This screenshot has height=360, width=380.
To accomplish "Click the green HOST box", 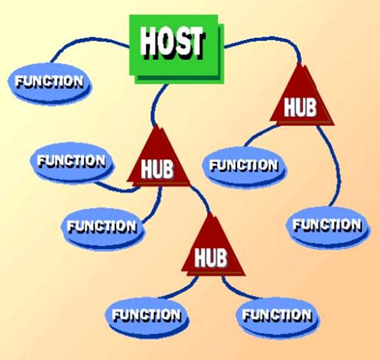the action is click(x=177, y=49).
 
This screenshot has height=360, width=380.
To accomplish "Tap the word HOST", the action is click(x=172, y=43).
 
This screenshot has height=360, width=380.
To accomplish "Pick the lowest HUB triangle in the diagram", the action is click(x=213, y=250).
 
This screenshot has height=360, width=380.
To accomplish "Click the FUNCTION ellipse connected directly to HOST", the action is click(x=50, y=83).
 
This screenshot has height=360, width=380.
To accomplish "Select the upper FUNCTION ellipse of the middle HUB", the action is click(x=72, y=162).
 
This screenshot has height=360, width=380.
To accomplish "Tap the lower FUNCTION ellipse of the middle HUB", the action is click(x=102, y=227).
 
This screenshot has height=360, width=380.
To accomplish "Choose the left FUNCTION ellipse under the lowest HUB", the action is click(x=147, y=316).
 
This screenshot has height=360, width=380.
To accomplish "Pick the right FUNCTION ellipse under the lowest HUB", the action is click(x=278, y=316).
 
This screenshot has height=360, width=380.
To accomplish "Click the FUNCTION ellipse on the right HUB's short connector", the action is click(x=244, y=167).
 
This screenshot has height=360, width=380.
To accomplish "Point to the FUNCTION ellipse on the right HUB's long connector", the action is click(x=328, y=226).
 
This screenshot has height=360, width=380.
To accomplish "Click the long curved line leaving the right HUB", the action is click(x=336, y=165).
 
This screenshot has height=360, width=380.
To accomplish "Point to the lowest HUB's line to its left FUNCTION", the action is click(x=179, y=290).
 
